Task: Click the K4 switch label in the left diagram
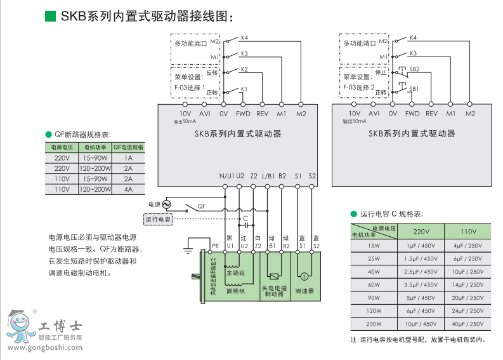tap(244, 38)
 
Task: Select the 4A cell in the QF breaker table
tap(129, 189)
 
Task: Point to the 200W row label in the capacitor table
tap(374, 323)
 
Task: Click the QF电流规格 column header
tap(129, 147)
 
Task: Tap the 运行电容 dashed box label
tap(159, 219)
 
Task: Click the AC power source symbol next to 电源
tap(167, 204)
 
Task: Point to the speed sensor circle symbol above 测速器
tap(303, 276)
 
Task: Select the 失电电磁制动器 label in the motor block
tap(274, 291)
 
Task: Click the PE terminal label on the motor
tap(216, 245)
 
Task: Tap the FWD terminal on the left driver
tap(244, 114)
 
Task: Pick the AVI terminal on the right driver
tap(374, 114)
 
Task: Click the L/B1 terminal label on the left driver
tap(268, 176)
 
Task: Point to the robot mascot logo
tap(21, 327)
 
